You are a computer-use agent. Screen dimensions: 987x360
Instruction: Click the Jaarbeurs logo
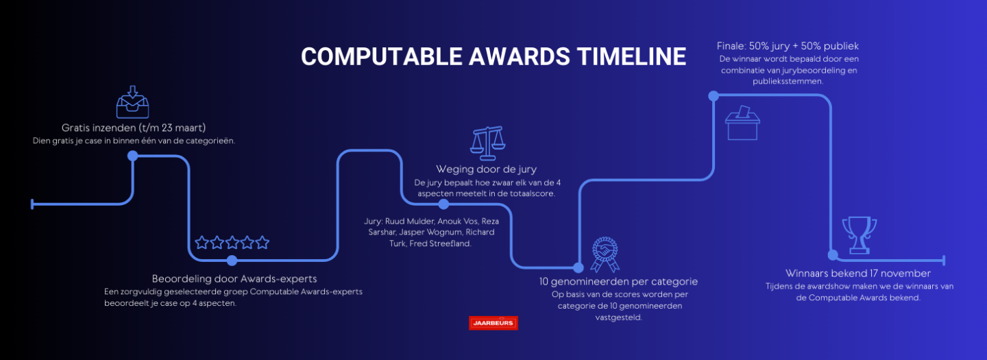click(x=493, y=323)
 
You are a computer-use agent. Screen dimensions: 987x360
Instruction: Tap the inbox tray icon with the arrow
click(x=133, y=102)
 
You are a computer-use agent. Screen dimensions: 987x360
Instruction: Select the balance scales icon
click(x=487, y=143)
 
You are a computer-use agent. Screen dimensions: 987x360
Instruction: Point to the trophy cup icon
click(x=860, y=235)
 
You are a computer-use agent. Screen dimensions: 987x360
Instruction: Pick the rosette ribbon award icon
click(x=605, y=254)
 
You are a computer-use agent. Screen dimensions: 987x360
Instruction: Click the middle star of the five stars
click(x=232, y=242)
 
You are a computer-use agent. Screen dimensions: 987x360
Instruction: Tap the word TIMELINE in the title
click(x=631, y=56)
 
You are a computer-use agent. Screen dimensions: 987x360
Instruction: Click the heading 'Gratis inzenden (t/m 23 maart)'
click(x=134, y=128)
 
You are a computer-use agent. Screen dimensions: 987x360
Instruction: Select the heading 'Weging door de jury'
click(x=487, y=169)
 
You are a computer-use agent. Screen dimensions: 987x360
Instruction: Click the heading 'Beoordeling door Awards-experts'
click(x=234, y=278)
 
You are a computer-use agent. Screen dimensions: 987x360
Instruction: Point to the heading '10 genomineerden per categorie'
click(x=619, y=282)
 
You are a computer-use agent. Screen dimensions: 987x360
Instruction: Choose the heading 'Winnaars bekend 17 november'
click(x=858, y=273)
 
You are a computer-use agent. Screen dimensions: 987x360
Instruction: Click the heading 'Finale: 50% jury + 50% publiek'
click(x=788, y=46)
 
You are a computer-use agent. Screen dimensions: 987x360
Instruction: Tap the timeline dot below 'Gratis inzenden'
click(x=133, y=156)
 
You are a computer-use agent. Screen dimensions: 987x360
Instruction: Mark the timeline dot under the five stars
click(x=232, y=261)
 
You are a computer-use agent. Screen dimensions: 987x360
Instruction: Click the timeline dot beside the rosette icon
click(x=578, y=267)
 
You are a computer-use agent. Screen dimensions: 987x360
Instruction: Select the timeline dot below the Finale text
click(x=714, y=96)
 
